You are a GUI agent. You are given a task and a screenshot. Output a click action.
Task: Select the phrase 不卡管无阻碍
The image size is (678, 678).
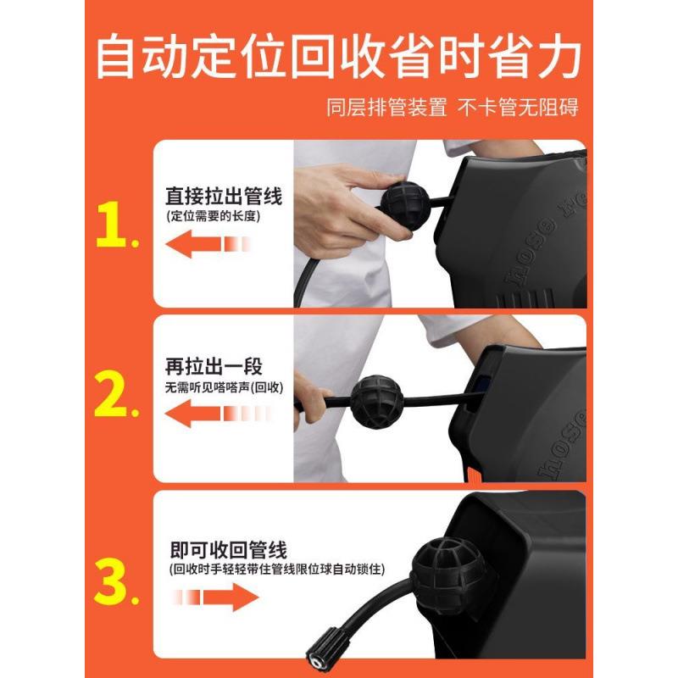[x=523, y=108]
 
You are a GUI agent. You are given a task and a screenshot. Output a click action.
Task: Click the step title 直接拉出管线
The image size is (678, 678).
[x=224, y=197]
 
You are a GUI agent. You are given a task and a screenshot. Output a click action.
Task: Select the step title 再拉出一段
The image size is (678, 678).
[x=214, y=367]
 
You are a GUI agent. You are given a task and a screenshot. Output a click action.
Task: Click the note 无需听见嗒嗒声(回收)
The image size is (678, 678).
[x=224, y=387]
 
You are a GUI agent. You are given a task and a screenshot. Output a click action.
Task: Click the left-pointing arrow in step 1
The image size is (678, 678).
[x=208, y=245]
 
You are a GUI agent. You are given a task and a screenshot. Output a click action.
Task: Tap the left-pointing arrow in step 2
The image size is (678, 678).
[x=208, y=414]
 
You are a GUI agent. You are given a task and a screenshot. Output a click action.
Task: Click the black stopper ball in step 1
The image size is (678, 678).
[x=406, y=204]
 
